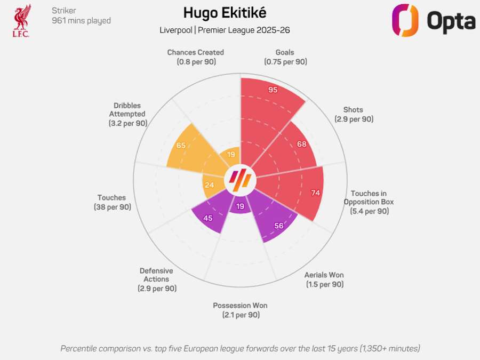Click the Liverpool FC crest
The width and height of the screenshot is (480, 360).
pos(22,21)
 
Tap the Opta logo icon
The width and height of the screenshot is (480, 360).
pos(405,21)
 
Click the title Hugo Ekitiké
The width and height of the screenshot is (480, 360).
pos(225,13)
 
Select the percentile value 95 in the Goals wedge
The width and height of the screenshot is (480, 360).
pos(273,90)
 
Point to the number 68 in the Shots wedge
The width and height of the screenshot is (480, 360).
pos(302,144)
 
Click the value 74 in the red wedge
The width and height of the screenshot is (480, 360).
pos(315,193)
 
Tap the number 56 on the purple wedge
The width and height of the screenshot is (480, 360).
pos(278,226)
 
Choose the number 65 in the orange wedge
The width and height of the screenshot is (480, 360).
pos(181,146)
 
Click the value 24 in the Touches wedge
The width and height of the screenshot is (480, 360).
pos(210,185)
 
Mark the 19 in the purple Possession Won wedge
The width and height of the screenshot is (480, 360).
pos(240,206)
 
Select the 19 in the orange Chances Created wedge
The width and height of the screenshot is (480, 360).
pos(231,155)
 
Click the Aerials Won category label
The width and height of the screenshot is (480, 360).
pos(324,279)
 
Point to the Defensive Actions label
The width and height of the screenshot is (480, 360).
pos(156,279)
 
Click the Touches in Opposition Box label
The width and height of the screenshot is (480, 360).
pos(369,202)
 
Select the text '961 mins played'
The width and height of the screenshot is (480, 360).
pos(81,21)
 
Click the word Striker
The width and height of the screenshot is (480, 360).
pos(64,11)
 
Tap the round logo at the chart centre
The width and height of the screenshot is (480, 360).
pos(240,181)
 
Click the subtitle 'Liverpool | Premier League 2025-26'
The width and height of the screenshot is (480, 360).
pos(225,30)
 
